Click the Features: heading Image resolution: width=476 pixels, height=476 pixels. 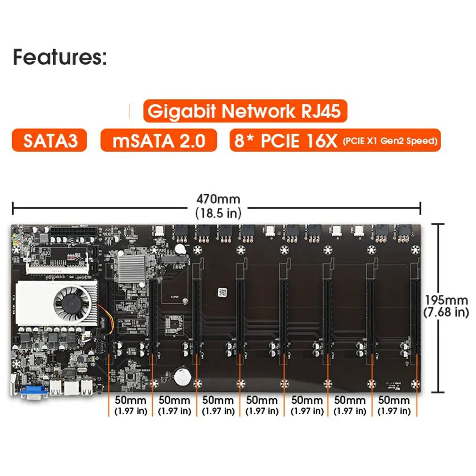[60, 57]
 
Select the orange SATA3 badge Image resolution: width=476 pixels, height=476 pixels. [49, 140]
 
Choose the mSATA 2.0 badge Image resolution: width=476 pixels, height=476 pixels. [158, 140]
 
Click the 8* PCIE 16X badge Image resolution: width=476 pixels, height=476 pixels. [335, 140]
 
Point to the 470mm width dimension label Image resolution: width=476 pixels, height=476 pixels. [218, 199]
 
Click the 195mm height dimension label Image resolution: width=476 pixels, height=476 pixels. [446, 300]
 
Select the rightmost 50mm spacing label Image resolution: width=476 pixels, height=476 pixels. [394, 401]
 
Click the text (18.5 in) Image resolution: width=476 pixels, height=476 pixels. [218, 213]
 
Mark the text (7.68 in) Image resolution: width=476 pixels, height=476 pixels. [446, 312]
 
